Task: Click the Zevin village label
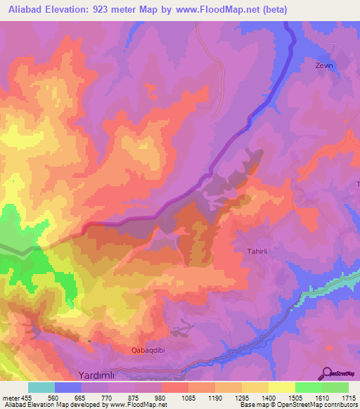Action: (x=322, y=65)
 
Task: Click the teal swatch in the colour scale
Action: (x=41, y=387)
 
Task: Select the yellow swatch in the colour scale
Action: (x=281, y=387)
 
